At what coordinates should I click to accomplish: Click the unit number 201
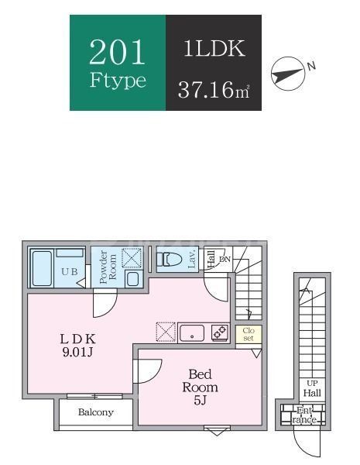click(x=118, y=52)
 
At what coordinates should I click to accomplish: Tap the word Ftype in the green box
click(x=118, y=81)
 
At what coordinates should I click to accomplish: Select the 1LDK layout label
click(x=214, y=50)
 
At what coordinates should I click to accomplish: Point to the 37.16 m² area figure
click(x=213, y=88)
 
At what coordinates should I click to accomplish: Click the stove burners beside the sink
click(x=220, y=332)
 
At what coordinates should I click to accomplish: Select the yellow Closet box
click(x=248, y=335)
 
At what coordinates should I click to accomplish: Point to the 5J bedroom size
click(x=200, y=401)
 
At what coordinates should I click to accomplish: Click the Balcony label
click(x=96, y=412)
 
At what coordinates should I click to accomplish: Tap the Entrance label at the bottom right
click(x=304, y=415)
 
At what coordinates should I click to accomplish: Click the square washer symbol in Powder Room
click(x=132, y=257)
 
